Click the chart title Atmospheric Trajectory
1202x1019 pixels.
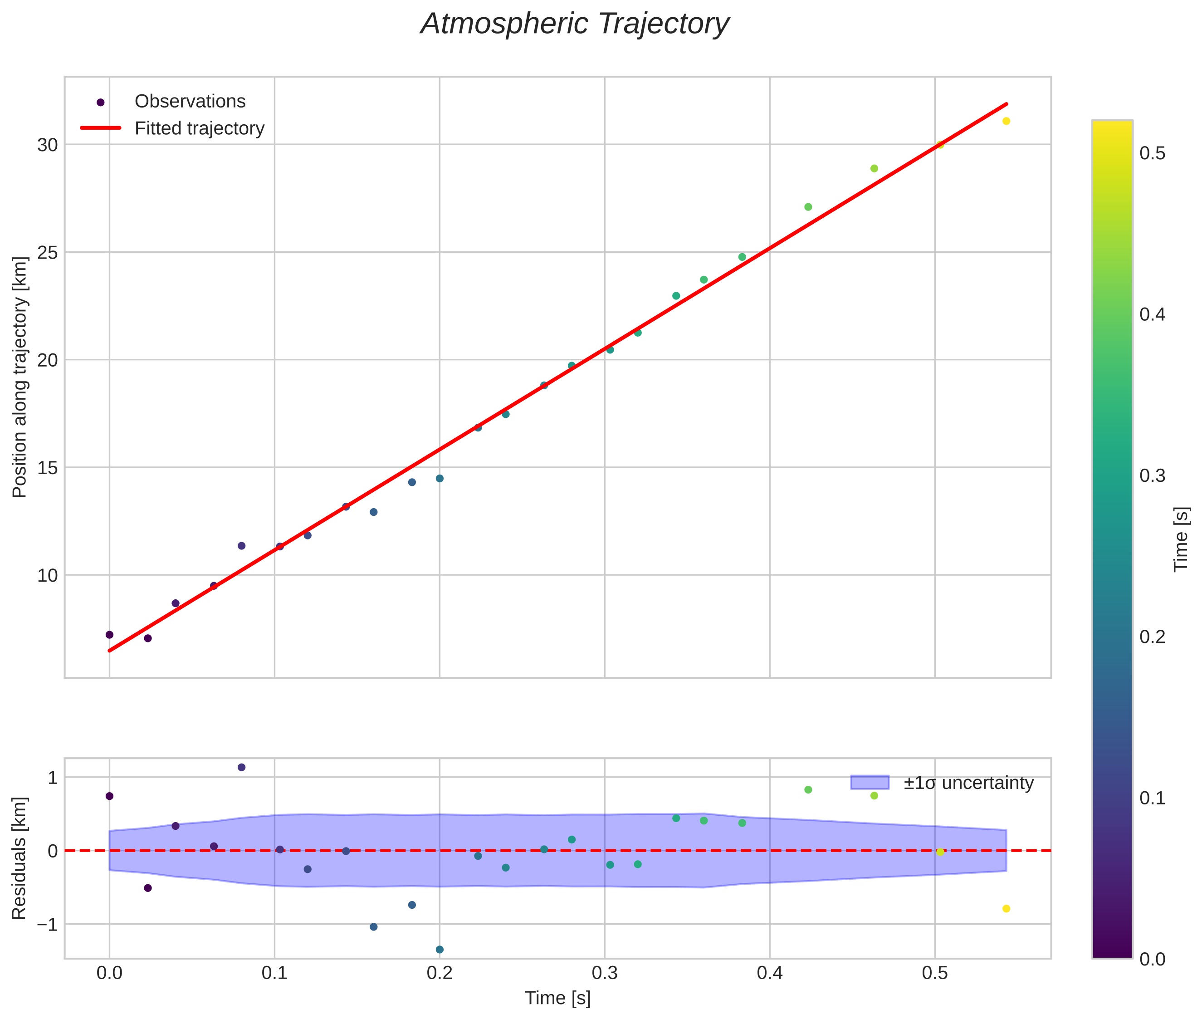[575, 24]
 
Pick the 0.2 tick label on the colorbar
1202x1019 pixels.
[1152, 637]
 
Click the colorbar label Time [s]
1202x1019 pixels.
[1182, 539]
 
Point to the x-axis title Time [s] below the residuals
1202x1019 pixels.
[557, 998]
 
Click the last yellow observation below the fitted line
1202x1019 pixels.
[1006, 121]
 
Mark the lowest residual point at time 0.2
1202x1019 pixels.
[440, 949]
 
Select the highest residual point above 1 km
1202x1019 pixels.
[241, 767]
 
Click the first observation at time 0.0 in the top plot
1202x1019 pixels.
[109, 635]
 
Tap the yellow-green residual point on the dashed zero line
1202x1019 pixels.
[940, 852]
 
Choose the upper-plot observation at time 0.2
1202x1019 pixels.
[440, 478]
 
